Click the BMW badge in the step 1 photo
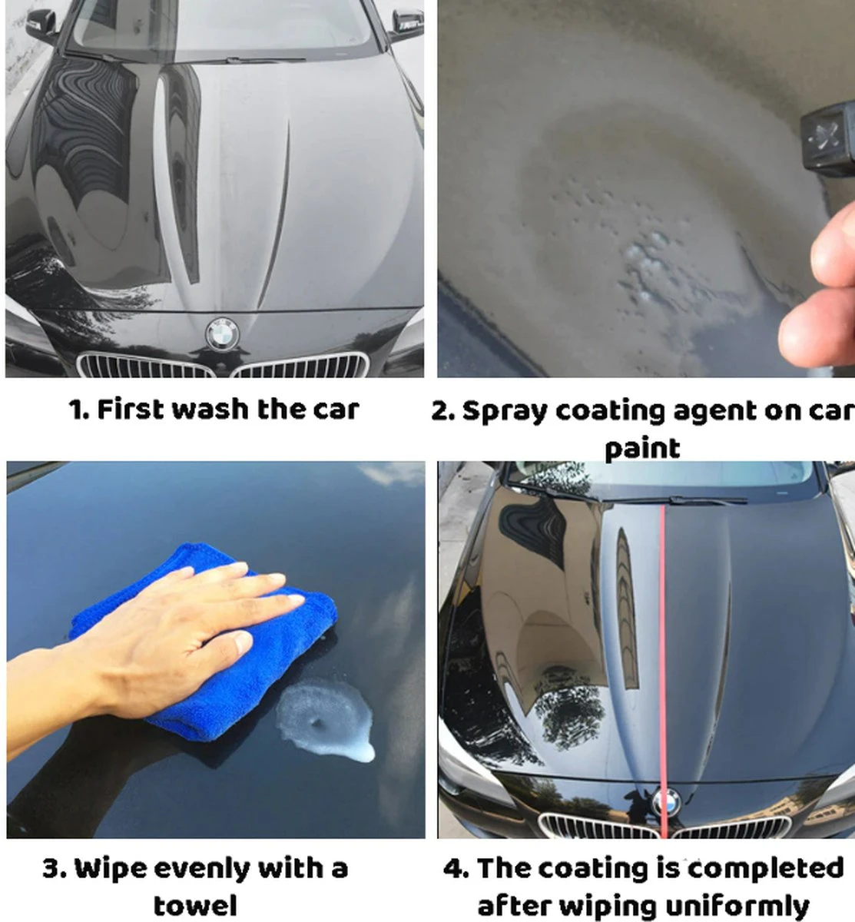[x=222, y=333]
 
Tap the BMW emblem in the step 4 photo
[x=667, y=802]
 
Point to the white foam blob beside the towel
[x=326, y=719]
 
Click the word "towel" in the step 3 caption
[x=195, y=906]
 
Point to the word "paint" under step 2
[x=642, y=449]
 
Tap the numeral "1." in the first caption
[x=78, y=410]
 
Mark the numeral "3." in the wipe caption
[x=55, y=869]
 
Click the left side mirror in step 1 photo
[x=41, y=25]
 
